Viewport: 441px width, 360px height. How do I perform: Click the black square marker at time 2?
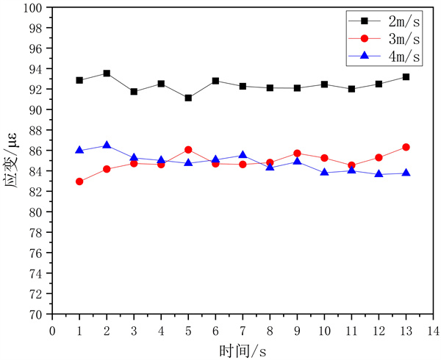(107, 73)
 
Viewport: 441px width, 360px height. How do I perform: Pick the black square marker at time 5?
(188, 98)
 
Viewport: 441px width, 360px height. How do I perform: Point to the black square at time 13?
(406, 76)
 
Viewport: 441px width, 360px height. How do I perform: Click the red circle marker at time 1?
(79, 181)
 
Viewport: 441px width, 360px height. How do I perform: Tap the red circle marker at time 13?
(406, 147)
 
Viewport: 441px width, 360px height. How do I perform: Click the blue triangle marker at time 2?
(107, 145)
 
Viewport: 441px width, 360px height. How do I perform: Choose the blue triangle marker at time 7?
(243, 155)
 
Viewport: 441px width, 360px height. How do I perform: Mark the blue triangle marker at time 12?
(379, 174)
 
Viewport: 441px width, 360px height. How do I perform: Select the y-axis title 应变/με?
(12, 161)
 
